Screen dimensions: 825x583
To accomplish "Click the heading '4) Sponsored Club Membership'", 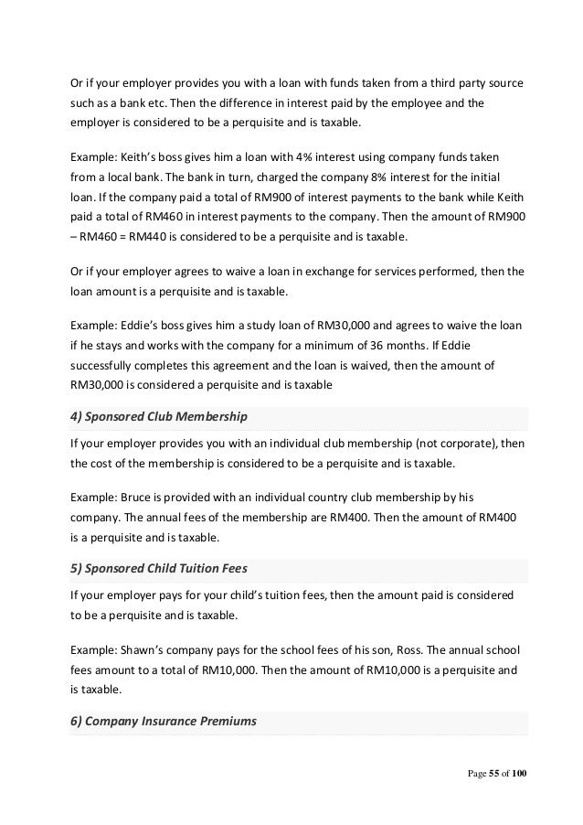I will click(158, 417).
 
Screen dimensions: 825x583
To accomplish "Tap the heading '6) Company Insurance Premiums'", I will click(164, 721).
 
